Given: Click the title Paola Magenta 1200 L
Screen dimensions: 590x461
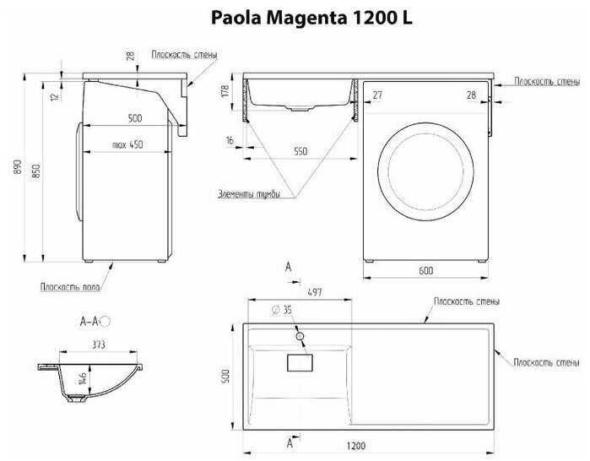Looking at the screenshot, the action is pos(311,18).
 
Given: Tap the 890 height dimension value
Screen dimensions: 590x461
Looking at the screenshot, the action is pos(18,166).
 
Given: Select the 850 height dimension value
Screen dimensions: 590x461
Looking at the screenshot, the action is pos(35,171).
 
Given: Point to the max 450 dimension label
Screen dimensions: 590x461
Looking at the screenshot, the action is pos(127,144).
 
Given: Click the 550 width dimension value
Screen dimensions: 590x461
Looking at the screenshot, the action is pos(300,151).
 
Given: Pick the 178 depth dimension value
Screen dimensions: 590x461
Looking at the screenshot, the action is pos(225,92).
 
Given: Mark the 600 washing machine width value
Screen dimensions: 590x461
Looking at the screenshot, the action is pos(425,270).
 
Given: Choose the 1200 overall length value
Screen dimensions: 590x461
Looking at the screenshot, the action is pos(356,446).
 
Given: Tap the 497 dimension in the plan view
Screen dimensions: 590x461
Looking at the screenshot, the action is pos(315,292).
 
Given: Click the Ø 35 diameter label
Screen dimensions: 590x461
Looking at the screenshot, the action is pos(282,310).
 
